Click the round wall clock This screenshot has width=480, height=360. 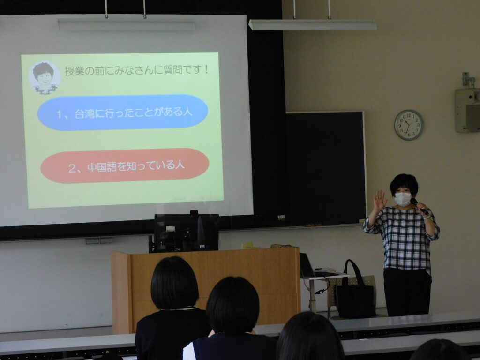(x=409, y=125)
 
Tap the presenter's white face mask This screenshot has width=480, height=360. (x=402, y=199)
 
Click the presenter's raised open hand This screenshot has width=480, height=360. (x=380, y=200)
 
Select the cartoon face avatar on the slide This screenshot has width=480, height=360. (x=45, y=78)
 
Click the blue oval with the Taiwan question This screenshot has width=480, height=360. (x=123, y=112)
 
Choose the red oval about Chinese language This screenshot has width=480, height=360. (x=125, y=165)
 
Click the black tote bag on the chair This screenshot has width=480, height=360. (x=355, y=292)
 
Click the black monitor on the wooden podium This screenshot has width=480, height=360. (x=186, y=232)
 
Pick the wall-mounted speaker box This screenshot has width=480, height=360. (x=467, y=110)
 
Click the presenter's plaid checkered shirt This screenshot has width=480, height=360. (x=404, y=239)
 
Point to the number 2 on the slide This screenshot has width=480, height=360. (x=72, y=168)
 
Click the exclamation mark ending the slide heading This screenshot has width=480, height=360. (x=206, y=70)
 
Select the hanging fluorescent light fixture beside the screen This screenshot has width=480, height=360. (x=312, y=25)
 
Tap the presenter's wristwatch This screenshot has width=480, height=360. (x=426, y=217)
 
